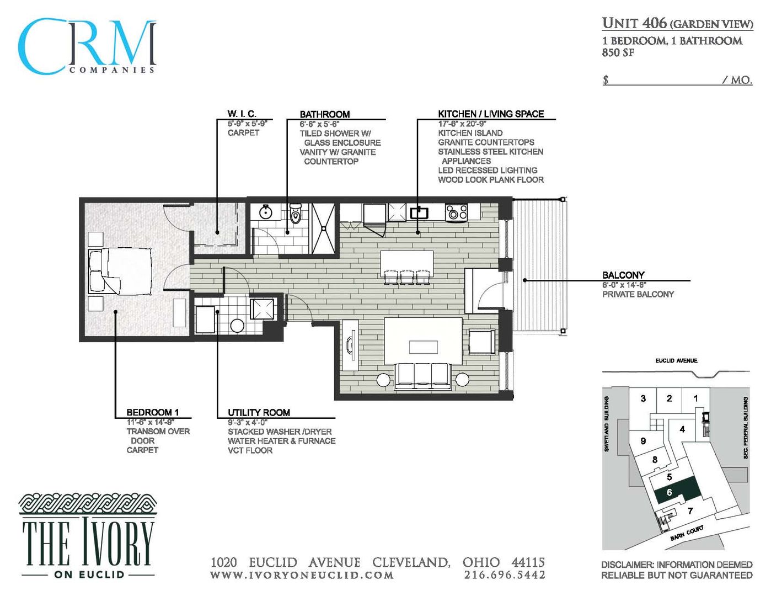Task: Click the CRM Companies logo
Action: pyautogui.click(x=87, y=47)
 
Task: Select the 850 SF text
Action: pyautogui.click(x=618, y=53)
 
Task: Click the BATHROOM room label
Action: pyautogui.click(x=324, y=114)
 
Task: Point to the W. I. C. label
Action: pyautogui.click(x=242, y=114)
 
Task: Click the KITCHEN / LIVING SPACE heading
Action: pyautogui.click(x=490, y=114)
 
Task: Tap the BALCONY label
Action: pyautogui.click(x=623, y=275)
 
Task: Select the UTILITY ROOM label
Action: pyautogui.click(x=259, y=412)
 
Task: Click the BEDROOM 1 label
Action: pyautogui.click(x=152, y=412)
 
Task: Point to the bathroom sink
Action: pyautogui.click(x=266, y=212)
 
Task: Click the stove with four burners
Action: pyautogui.click(x=456, y=212)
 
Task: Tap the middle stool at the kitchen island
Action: pyautogui.click(x=407, y=276)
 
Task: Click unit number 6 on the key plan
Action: pyautogui.click(x=670, y=492)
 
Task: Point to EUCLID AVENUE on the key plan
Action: pyautogui.click(x=676, y=360)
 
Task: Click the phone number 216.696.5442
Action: pyautogui.click(x=504, y=575)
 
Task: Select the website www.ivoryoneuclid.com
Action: pyautogui.click(x=302, y=575)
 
